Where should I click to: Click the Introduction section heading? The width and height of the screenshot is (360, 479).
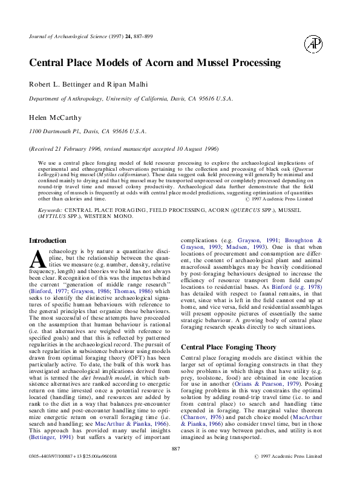48,240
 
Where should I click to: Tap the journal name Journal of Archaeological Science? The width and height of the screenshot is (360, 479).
72,37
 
